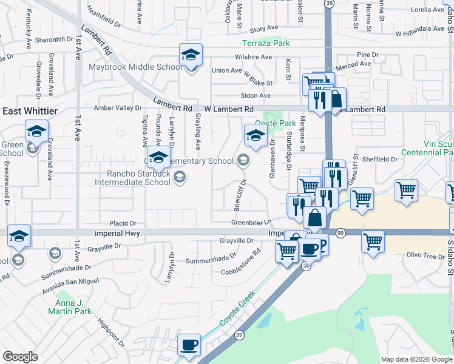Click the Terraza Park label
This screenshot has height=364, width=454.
click(266, 43)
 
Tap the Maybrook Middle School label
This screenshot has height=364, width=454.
click(135, 67)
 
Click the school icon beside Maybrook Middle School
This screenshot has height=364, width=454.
click(191, 56)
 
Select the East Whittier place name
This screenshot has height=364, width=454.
click(30, 111)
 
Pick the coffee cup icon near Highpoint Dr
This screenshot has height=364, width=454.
click(189, 345)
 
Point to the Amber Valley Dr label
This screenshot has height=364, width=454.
click(117, 108)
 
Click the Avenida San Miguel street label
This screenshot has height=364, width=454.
click(70, 282)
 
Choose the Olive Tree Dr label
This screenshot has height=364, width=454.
click(425, 255)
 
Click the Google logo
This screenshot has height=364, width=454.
click(20, 357)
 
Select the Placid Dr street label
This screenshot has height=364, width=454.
click(123, 223)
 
